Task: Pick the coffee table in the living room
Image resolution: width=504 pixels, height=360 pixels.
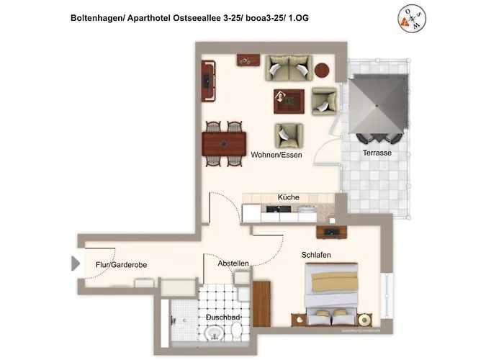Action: [289, 101]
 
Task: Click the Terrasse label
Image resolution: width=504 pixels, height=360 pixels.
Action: [377, 153]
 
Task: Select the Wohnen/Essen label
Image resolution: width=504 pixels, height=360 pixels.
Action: [276, 155]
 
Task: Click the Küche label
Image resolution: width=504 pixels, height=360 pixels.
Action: [288, 197]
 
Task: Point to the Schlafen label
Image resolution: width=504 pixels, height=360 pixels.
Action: [316, 255]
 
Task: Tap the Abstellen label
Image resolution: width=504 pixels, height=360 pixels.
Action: [233, 264]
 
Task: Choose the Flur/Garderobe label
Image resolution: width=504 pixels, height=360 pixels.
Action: [121, 265]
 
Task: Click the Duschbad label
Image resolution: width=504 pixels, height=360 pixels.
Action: [223, 318]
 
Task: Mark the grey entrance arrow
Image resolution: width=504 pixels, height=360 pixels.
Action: [75, 264]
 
